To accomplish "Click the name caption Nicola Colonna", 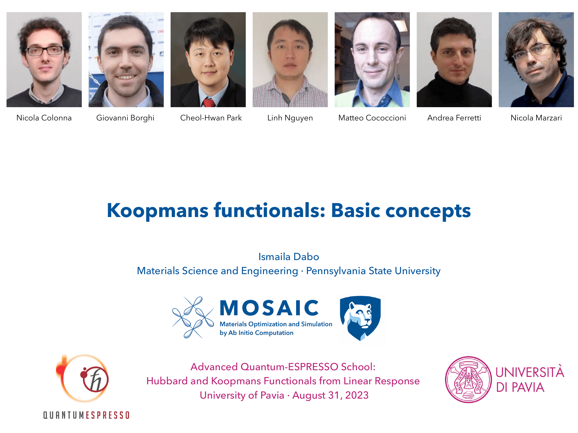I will pyautogui.click(x=44, y=118).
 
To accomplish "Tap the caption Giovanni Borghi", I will pyautogui.click(x=125, y=118).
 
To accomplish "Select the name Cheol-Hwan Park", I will pyautogui.click(x=211, y=118).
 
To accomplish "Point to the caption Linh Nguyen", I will pyautogui.click(x=290, y=118).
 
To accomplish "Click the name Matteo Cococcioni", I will pyautogui.click(x=372, y=118).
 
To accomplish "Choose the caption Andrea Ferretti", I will pyautogui.click(x=454, y=118).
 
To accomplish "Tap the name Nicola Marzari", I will pyautogui.click(x=536, y=118).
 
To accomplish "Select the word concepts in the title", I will pyautogui.click(x=428, y=211).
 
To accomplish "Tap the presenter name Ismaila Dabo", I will pyautogui.click(x=289, y=257).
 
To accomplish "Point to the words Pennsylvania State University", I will pyautogui.click(x=373, y=271).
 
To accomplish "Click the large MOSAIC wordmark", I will pyautogui.click(x=269, y=308).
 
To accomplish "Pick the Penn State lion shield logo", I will pyautogui.click(x=360, y=318).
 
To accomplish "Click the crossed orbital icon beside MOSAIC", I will pyautogui.click(x=193, y=317).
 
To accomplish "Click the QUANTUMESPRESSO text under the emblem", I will pyautogui.click(x=86, y=415).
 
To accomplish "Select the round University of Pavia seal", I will pyautogui.click(x=468, y=379).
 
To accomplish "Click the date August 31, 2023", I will pyautogui.click(x=330, y=395).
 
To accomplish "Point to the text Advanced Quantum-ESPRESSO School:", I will pyautogui.click(x=283, y=367).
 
